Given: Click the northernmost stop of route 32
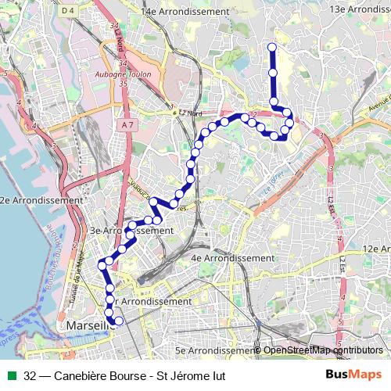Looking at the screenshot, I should (272, 48).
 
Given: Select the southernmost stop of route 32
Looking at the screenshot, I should (119, 321).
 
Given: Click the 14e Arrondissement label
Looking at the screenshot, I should (185, 13).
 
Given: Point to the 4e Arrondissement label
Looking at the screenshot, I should (231, 257).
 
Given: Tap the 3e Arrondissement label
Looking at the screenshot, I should (131, 231).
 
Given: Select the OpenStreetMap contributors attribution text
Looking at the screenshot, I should (323, 350).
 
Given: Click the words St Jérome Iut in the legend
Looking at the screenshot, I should (191, 375).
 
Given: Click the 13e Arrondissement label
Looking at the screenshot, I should (360, 9).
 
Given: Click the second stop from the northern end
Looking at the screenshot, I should (273, 73).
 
